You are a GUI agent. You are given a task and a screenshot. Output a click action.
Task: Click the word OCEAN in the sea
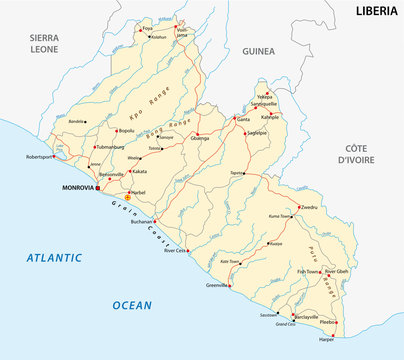(x=130, y=304)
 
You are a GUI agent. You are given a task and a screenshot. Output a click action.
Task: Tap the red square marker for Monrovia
(x=98, y=187)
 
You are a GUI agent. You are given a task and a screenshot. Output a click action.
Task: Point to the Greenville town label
(x=217, y=284)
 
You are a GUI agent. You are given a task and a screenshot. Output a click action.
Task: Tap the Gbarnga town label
(x=201, y=139)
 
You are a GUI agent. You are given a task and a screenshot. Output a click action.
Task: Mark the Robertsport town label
(x=41, y=157)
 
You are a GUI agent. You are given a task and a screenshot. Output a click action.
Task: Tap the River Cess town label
(x=175, y=250)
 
